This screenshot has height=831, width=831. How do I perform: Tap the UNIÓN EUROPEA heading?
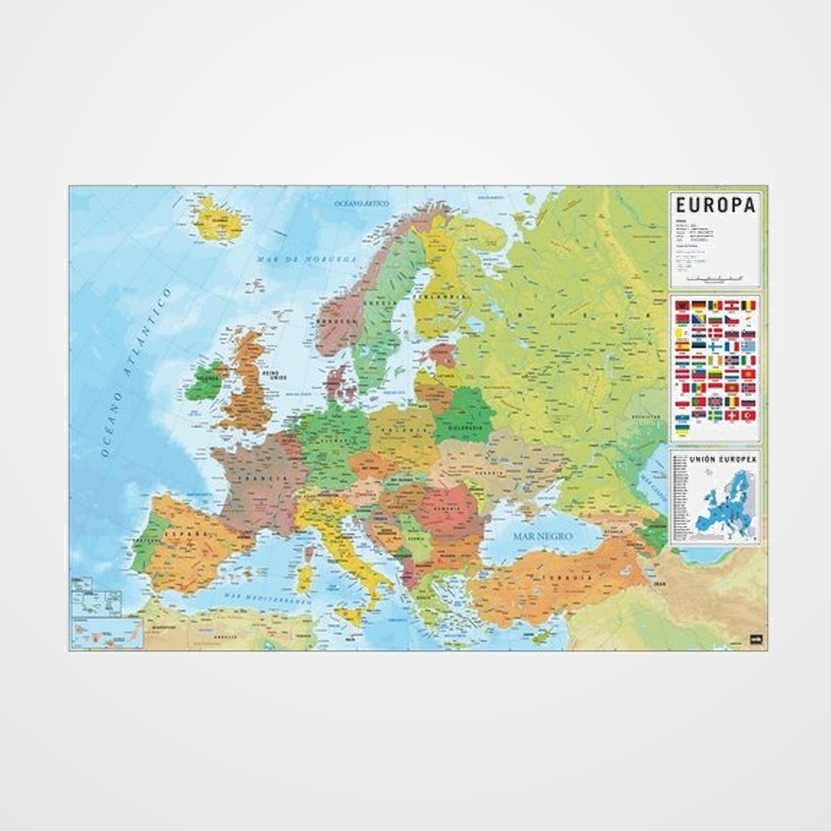[723, 459]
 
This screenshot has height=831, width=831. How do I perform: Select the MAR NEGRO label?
[542, 536]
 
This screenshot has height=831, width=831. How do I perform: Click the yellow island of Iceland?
[217, 218]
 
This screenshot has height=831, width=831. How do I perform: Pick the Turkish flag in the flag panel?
[748, 415]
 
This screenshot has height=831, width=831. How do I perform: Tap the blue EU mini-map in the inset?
[726, 503]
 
